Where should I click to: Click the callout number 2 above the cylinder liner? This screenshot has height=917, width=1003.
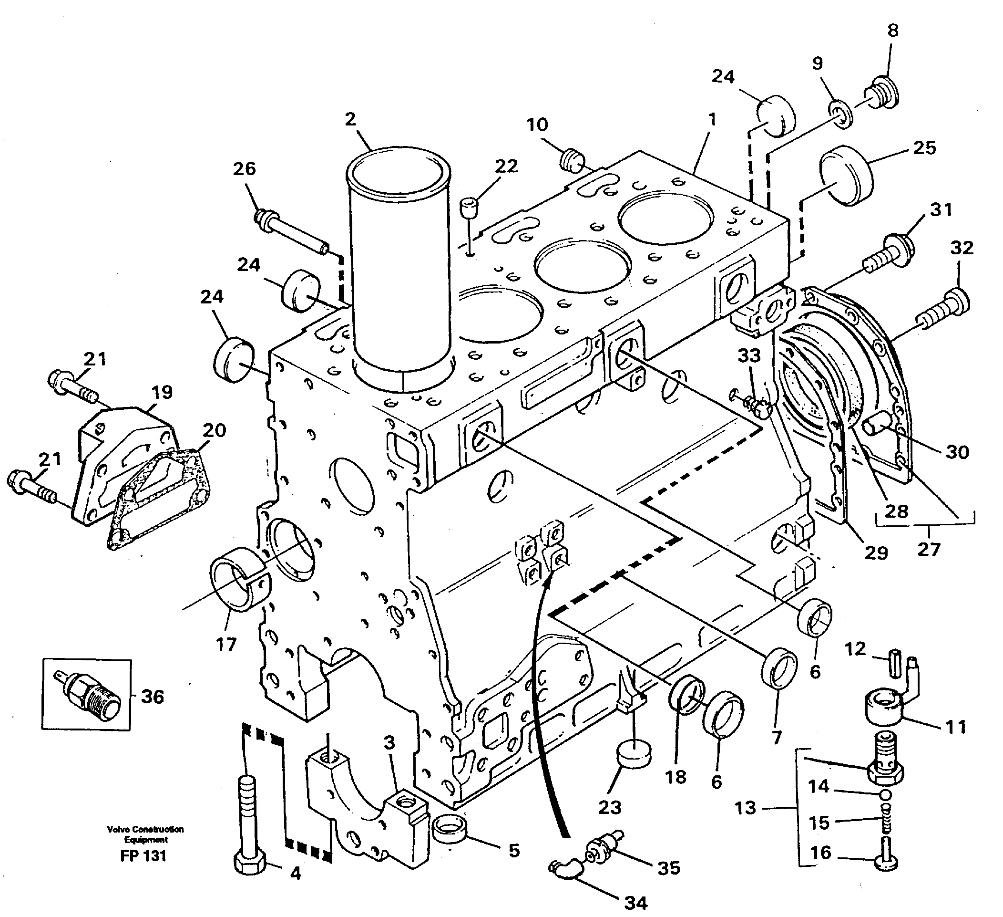pos(351,119)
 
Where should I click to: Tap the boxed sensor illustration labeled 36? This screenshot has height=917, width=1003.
pos(87,695)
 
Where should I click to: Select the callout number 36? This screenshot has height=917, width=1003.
pos(152,697)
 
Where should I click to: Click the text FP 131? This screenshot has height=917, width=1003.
pos(143,856)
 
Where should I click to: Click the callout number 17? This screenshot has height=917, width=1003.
pos(226,645)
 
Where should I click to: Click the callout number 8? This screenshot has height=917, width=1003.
pos(893,31)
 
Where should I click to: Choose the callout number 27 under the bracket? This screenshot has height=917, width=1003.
pos(929,549)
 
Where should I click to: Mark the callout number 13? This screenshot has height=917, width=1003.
pos(745,807)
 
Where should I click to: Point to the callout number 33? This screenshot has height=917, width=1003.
pos(749,355)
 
